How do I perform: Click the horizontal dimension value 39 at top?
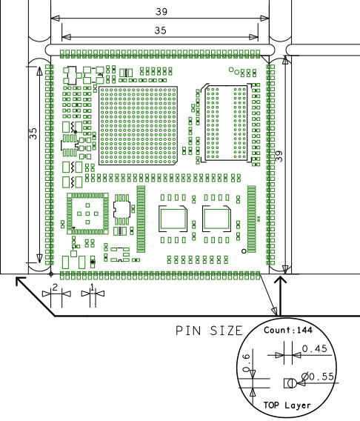pyautogui.click(x=161, y=12)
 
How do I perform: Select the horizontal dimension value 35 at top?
pyautogui.click(x=161, y=30)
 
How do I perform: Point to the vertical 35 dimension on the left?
pyautogui.click(x=33, y=133)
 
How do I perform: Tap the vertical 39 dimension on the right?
pyautogui.click(x=279, y=156)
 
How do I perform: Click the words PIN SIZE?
pyautogui.click(x=209, y=331)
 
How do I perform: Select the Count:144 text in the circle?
pyautogui.click(x=288, y=330)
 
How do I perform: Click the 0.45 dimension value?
pyautogui.click(x=315, y=348)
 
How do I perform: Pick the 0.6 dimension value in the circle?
pyautogui.click(x=246, y=362)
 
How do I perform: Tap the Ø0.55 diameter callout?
pyautogui.click(x=318, y=377)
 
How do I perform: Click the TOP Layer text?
pyautogui.click(x=287, y=405)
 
